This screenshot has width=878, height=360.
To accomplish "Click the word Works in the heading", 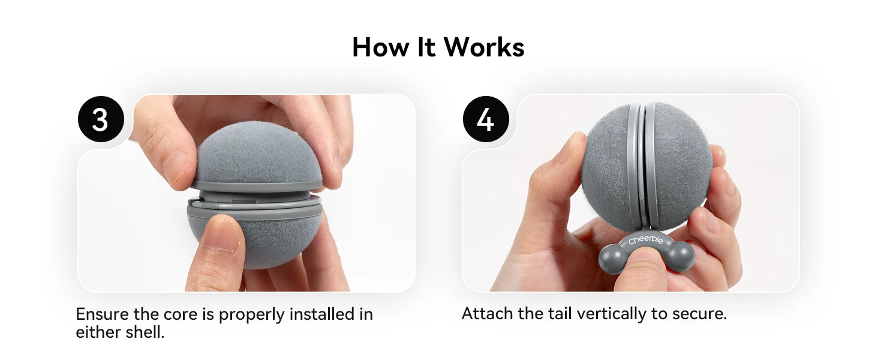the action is (x=484, y=47).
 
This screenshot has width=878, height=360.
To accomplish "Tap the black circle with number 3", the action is (x=101, y=119).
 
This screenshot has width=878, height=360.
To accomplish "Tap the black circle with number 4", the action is (x=486, y=119).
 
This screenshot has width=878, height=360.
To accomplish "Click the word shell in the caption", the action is (x=145, y=332).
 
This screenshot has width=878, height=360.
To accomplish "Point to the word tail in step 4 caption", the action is (x=560, y=313).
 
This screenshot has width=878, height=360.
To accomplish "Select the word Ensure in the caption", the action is (x=102, y=314).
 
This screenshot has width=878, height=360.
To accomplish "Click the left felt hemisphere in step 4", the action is (x=608, y=165).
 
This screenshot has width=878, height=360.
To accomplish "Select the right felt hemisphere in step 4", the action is (x=680, y=165).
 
